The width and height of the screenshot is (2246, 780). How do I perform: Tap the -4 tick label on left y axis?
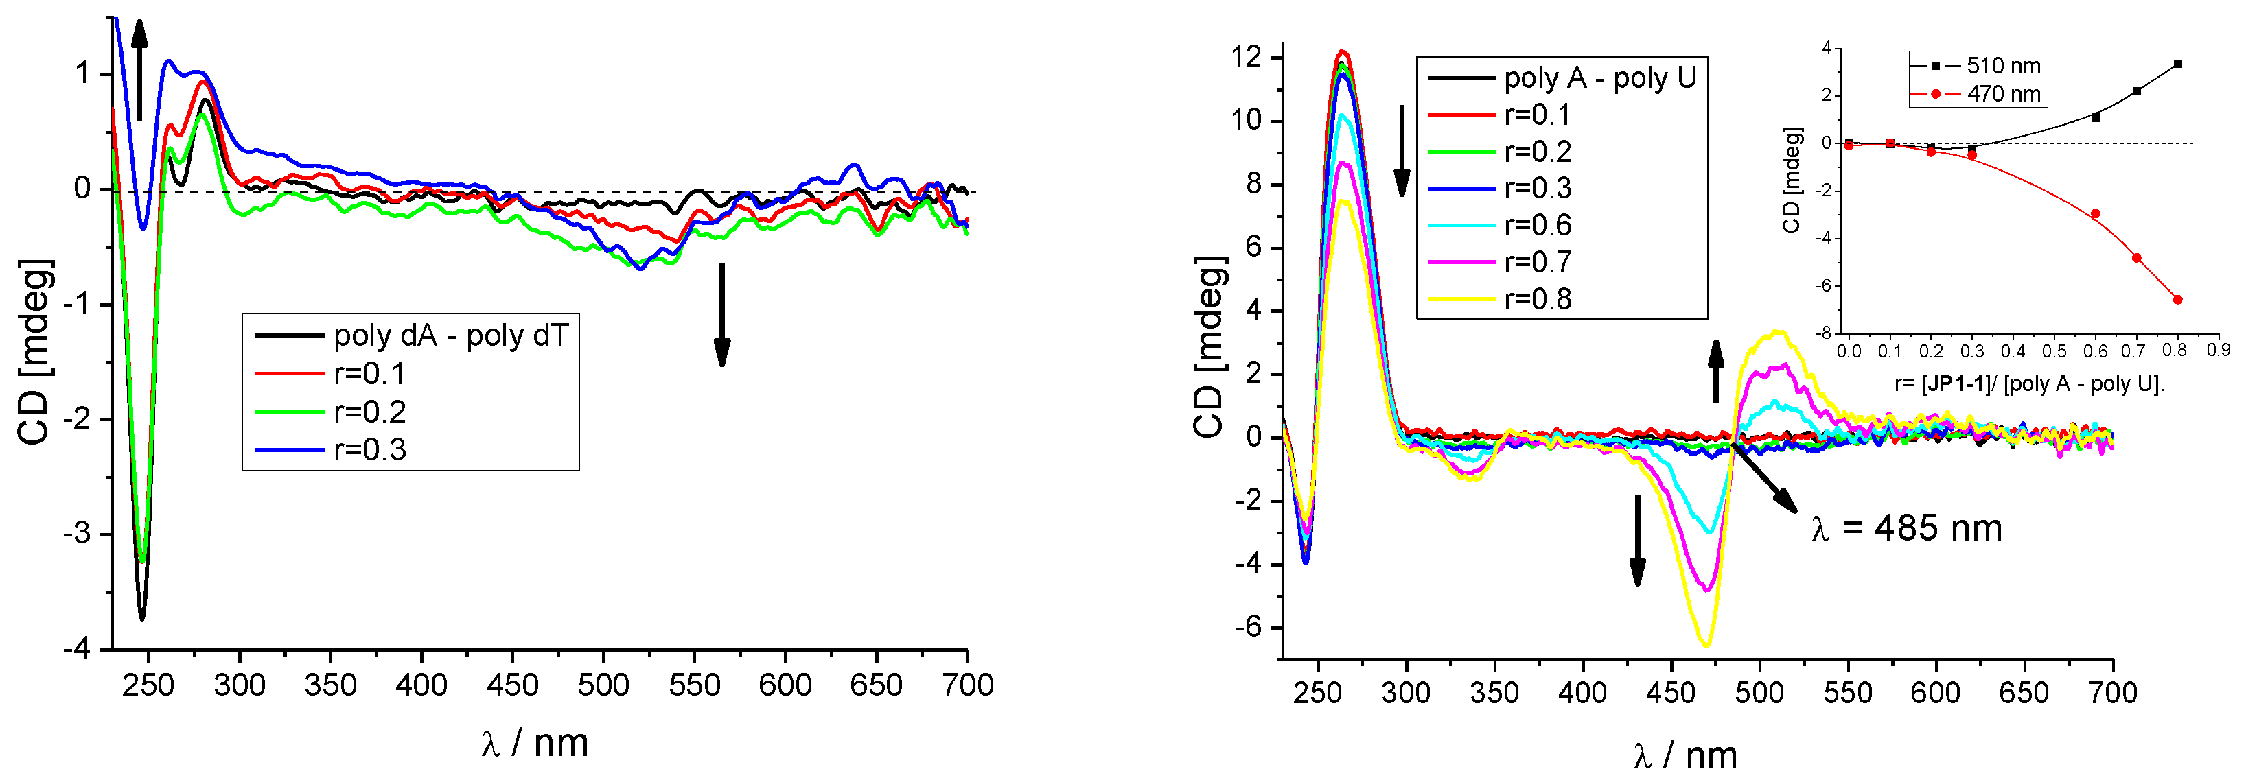click(x=76, y=648)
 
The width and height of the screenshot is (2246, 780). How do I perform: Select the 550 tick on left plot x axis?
click(x=694, y=685)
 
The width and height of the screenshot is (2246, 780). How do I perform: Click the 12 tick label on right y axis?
click(x=1246, y=58)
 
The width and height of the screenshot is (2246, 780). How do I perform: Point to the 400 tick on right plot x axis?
click(x=1582, y=693)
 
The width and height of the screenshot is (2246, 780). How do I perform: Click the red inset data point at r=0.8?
click(x=2177, y=300)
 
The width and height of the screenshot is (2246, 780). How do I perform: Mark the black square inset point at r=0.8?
click(x=2177, y=64)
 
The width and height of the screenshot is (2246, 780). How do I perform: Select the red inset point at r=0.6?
click(x=2095, y=213)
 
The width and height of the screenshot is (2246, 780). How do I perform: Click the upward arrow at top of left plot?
click(x=139, y=70)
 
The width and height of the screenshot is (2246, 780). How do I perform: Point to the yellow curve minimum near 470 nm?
click(x=1705, y=644)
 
